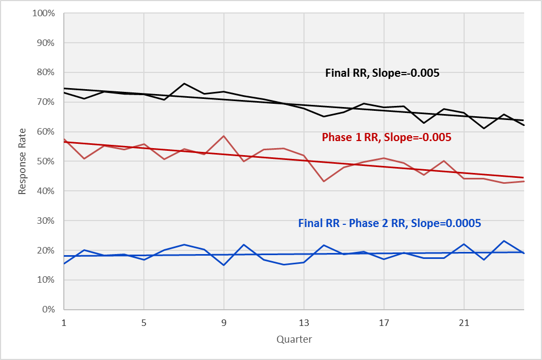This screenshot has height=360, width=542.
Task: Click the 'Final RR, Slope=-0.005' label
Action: point(382,73)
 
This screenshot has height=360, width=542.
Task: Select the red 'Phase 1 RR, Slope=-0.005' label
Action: point(386,137)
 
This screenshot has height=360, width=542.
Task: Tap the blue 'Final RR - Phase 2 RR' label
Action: point(389,223)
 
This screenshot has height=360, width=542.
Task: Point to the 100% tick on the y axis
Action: point(44,13)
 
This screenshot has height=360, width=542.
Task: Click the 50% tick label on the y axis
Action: point(47,161)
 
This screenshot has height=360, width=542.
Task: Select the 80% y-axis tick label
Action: point(47,72)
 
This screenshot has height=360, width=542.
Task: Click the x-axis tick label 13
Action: point(304,323)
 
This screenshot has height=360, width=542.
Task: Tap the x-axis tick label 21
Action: point(464,323)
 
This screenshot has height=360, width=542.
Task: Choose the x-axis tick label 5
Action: point(144,323)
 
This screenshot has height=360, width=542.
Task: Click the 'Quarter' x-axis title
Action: point(294,339)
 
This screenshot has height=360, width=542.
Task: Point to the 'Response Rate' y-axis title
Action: point(22,161)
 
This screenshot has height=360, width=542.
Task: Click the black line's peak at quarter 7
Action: point(184,84)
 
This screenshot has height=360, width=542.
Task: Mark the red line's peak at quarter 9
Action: point(224,136)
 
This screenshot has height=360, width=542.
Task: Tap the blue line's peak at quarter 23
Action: point(504,241)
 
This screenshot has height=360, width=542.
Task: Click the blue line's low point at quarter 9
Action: point(224,265)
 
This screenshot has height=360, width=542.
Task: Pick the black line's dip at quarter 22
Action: point(484,128)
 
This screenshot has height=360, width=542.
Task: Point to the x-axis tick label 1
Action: point(64,323)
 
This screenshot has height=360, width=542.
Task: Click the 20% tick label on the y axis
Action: point(47,250)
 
